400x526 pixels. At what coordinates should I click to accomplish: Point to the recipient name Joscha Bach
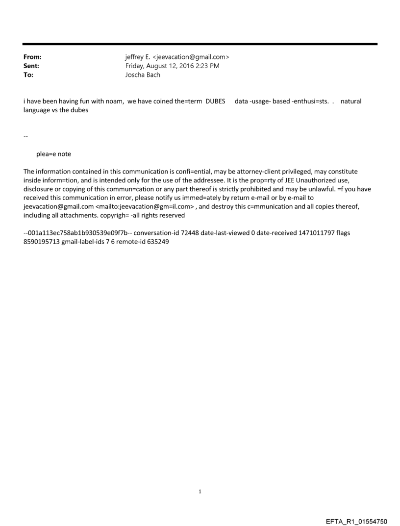pos(143,75)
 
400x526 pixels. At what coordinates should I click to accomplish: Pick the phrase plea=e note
pos(53,154)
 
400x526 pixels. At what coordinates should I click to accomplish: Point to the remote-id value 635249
pos(158,242)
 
